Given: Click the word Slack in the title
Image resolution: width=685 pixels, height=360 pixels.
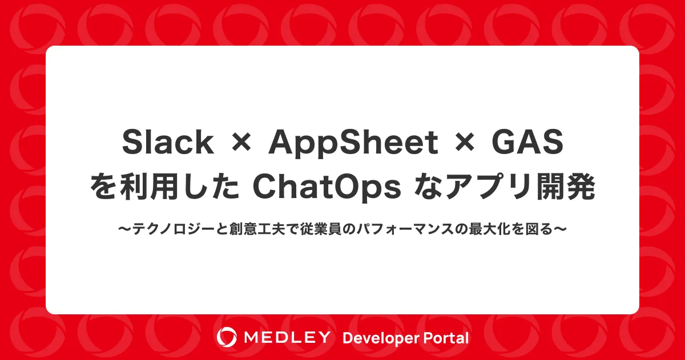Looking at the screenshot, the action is tap(168, 142).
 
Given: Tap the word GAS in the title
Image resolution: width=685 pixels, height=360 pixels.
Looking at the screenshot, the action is tap(527, 142).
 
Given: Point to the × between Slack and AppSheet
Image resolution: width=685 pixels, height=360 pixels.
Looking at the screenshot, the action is tap(241, 144).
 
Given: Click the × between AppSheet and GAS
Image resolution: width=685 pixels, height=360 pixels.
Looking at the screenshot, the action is tap(465, 144).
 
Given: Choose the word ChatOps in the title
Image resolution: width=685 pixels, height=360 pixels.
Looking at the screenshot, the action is tap(327, 188).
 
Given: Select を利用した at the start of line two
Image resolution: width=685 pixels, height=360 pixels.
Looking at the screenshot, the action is tap(165, 187).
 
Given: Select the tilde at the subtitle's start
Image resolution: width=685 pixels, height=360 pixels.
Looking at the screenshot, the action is tap(125, 229).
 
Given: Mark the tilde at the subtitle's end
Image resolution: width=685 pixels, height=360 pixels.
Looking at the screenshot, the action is tap(560, 229).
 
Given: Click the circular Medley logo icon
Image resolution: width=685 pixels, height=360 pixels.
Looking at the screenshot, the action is tap(227, 337).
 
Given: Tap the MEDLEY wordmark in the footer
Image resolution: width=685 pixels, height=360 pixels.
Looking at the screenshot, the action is tap(287, 337).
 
